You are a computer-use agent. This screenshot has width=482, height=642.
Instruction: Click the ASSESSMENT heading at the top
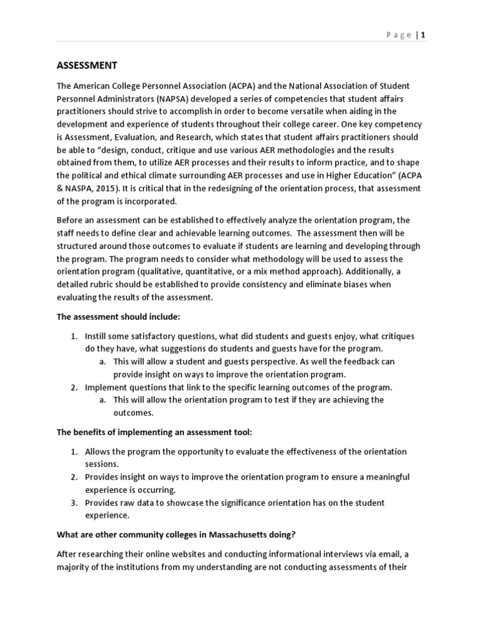coord(87,65)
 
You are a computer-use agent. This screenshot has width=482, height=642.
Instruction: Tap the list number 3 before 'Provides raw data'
coord(73,503)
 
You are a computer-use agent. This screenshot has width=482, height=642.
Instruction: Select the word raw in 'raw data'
coord(131,503)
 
